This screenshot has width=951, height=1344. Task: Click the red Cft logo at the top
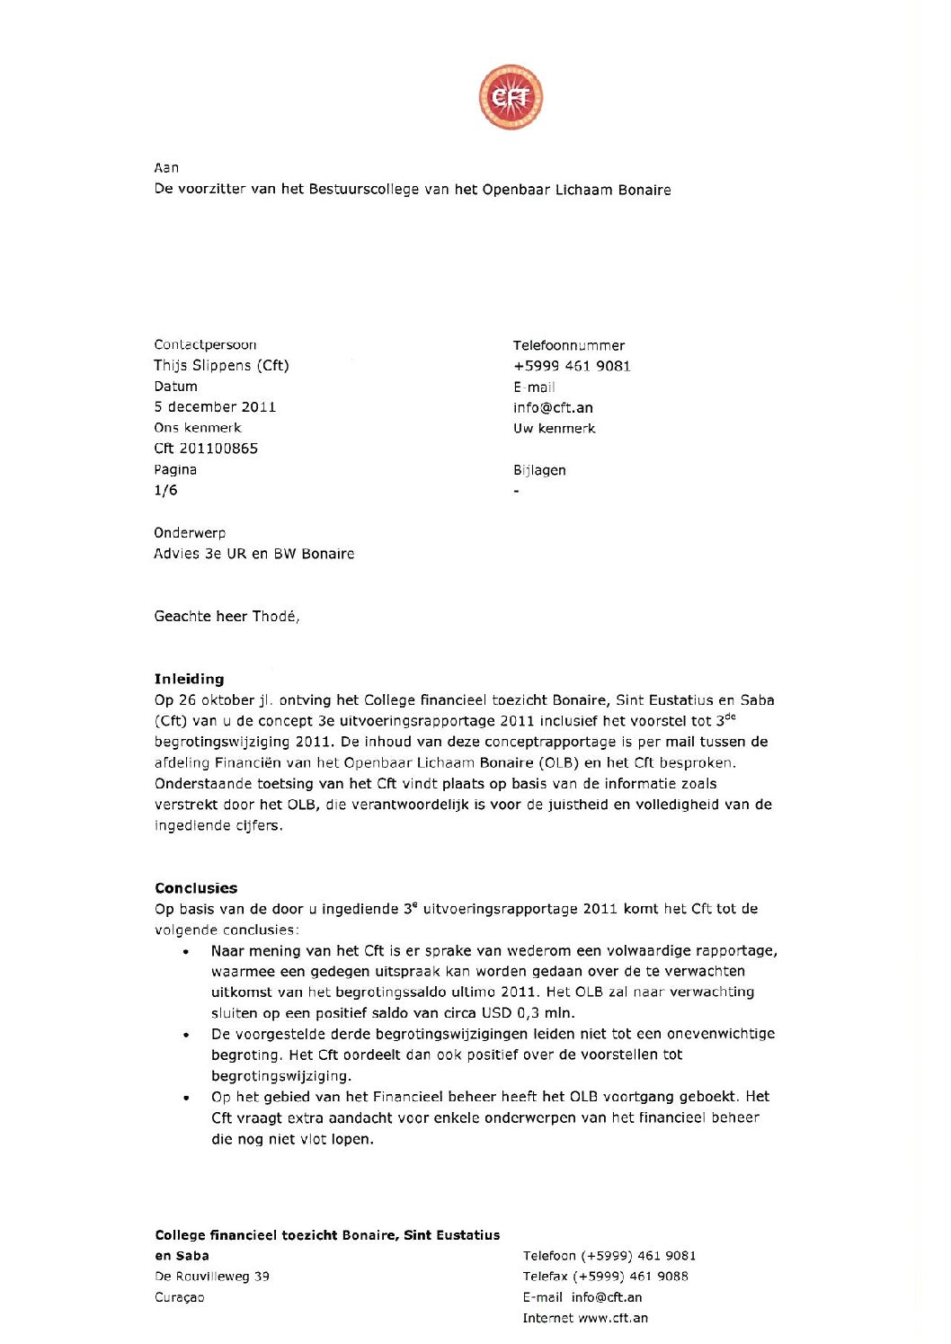[511, 97]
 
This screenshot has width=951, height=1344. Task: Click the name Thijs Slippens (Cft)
[221, 365]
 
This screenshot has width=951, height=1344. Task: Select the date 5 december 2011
[215, 406]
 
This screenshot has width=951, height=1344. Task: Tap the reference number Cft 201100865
[206, 448]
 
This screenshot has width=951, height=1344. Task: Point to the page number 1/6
[165, 490]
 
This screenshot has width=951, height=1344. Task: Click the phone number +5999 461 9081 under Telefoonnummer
[572, 366]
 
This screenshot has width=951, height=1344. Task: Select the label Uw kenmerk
[554, 428]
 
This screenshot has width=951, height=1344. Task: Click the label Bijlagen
[539, 470]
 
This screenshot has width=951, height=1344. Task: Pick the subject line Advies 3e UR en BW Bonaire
[253, 554]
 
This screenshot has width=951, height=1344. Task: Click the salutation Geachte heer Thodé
[227, 616]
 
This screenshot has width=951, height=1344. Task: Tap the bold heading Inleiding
[189, 679]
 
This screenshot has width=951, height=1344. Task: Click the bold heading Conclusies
[196, 888]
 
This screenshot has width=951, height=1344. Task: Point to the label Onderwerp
[190, 532]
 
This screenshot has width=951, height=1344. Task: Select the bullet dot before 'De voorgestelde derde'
[186, 1035]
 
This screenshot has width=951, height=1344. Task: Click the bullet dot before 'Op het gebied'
[186, 1098]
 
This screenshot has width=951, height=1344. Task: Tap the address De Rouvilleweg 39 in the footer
[212, 1277]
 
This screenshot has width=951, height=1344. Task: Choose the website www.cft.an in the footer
[613, 1318]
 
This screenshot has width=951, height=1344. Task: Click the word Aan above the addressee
[166, 168]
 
